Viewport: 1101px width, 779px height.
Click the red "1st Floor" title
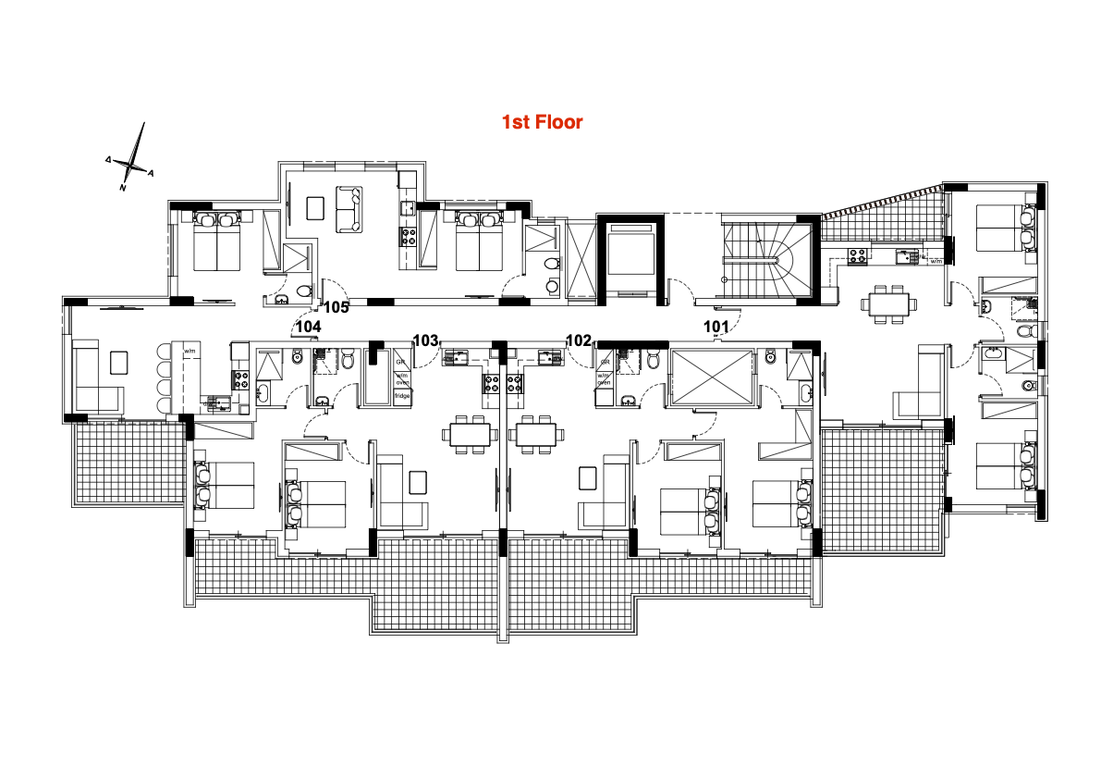(x=542, y=121)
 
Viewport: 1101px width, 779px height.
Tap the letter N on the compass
(x=122, y=188)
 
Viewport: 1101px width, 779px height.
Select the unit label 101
(x=716, y=326)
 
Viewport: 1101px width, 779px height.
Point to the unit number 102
(x=579, y=340)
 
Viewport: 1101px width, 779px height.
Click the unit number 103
(x=425, y=340)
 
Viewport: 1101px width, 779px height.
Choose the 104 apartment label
(x=308, y=327)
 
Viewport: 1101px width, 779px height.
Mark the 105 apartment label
(x=336, y=308)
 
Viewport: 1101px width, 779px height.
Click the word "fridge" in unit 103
(x=402, y=396)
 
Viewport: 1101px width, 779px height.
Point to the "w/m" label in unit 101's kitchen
(x=935, y=262)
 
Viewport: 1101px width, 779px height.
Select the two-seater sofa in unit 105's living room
(x=349, y=209)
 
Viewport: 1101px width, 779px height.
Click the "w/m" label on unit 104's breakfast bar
(x=191, y=352)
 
